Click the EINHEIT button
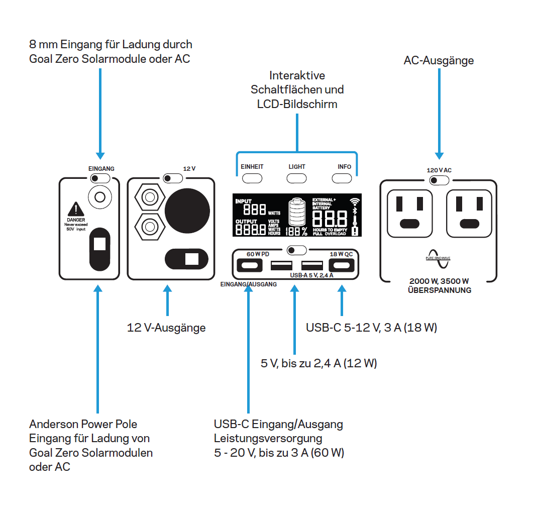click(x=252, y=178)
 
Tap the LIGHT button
click(x=297, y=178)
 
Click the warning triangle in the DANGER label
click(x=75, y=209)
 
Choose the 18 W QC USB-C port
click(x=341, y=265)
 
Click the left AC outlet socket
click(x=410, y=211)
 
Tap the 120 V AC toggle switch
click(x=439, y=180)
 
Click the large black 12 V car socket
click(x=187, y=207)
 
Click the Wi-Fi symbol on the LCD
click(x=355, y=201)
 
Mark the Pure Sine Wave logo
click(x=439, y=256)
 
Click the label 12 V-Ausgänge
click(x=166, y=328)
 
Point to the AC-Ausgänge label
click(x=439, y=61)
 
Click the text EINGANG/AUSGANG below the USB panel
click(x=248, y=284)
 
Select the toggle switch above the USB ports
click(x=296, y=250)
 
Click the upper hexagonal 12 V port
click(x=149, y=198)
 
